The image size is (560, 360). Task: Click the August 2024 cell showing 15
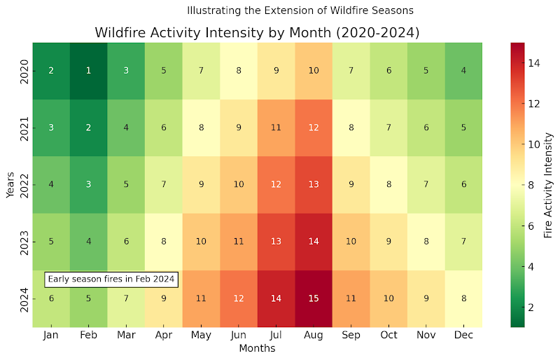pos(314,298)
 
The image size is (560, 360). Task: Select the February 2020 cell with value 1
pos(88,71)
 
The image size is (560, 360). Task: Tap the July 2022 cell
pos(276,185)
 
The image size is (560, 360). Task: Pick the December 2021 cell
pos(463,128)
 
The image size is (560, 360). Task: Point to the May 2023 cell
pos(201,242)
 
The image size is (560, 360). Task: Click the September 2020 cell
pos(351,71)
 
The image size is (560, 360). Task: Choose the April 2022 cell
pos(163,185)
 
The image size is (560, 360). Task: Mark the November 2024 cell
pos(426,298)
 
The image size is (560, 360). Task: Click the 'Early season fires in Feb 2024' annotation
pos(111,279)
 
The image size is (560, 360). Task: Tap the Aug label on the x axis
pos(314,335)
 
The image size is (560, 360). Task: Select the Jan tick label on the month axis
pos(51,335)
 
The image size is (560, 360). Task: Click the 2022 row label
pos(24,185)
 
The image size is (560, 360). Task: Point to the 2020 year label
pos(24,71)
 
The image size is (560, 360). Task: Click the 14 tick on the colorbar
pos(533,63)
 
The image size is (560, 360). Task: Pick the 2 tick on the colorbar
pos(533,307)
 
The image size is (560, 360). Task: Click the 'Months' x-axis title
pos(257,348)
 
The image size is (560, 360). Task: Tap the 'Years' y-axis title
pos(10,185)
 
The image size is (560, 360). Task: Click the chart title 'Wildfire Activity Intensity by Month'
pos(257,33)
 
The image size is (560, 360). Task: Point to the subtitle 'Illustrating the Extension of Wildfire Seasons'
pos(300,11)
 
